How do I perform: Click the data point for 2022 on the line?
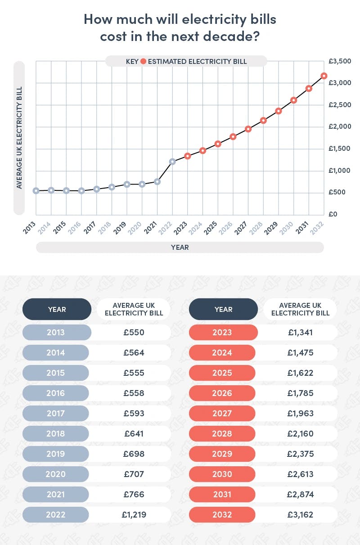172,161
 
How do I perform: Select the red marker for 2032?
324,76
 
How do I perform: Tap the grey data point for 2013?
36,191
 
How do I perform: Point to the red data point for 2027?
248,129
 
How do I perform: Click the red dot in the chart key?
143,61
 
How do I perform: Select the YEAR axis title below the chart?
180,248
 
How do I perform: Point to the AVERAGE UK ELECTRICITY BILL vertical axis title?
19,138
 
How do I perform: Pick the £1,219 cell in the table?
134,514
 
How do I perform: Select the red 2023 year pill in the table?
223,333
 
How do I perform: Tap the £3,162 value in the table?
300,514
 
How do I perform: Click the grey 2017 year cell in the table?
57,413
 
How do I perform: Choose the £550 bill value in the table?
134,333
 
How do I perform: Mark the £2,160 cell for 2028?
300,433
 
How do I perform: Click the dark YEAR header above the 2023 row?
223,309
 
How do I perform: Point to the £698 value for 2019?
134,454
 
